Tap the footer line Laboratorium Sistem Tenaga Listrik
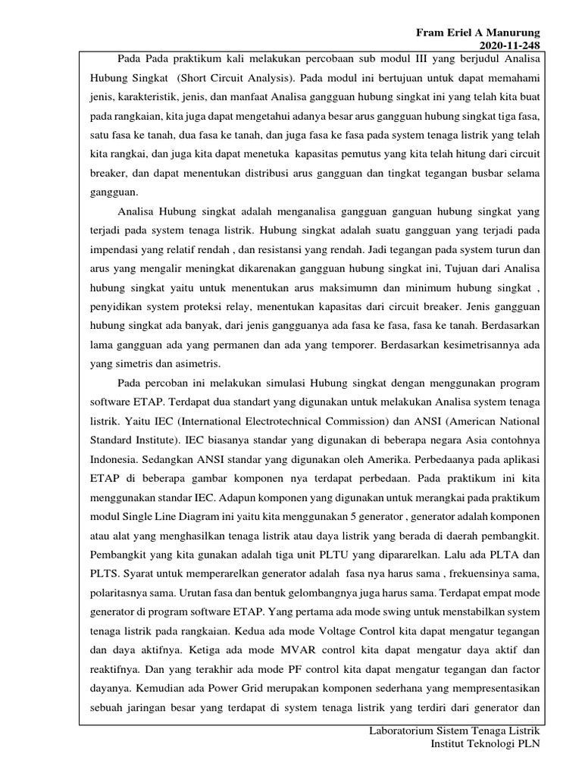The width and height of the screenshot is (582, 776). pos(453,731)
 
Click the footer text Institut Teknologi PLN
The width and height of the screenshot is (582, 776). pos(485,745)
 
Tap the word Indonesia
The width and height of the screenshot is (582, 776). pos(110,459)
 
